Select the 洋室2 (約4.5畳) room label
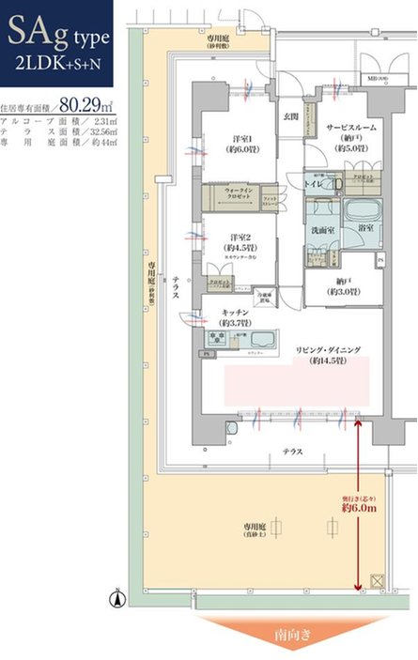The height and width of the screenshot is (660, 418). click(241, 241)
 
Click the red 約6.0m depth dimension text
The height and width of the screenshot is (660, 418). click(360, 507)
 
